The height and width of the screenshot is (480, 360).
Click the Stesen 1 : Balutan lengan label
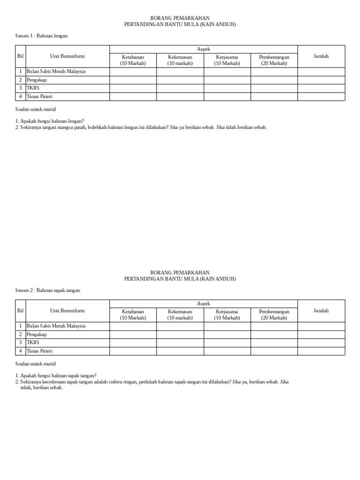45,36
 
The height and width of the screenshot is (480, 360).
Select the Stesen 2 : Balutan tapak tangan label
48,290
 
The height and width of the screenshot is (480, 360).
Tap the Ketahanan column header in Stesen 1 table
133,60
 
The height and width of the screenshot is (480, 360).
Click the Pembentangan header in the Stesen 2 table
274,315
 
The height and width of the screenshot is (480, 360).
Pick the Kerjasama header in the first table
227,60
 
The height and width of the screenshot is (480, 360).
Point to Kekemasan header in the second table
180,315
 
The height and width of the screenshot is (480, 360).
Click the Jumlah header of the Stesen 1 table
321,56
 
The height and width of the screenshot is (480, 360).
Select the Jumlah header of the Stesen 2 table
321,311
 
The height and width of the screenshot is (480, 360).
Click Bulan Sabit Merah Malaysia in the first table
56,71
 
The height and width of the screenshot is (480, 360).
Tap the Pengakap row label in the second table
37,334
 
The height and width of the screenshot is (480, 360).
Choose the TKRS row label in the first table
32,88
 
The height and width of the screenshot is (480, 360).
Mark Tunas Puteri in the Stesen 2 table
40,351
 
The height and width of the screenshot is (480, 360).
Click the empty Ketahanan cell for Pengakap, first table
133,80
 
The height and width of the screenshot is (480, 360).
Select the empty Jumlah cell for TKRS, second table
321,343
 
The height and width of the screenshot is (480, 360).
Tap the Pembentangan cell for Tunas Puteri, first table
274,97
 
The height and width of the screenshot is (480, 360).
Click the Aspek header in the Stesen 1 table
203,49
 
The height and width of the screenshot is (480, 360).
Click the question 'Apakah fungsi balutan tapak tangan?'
56,375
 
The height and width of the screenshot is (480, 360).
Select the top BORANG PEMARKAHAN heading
180,18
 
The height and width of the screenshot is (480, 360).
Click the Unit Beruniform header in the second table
67,311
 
